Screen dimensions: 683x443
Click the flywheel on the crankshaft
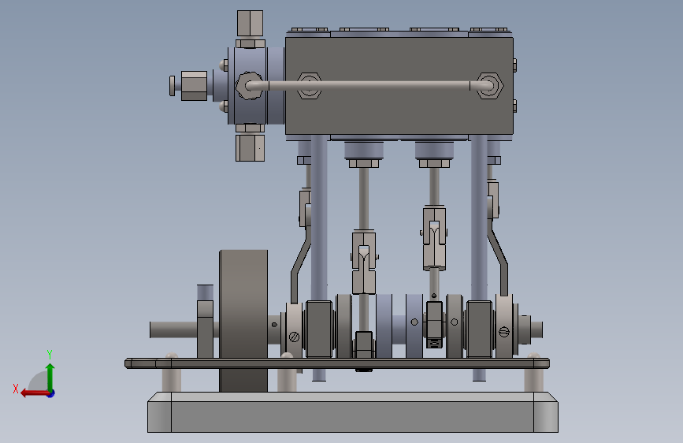[243, 321]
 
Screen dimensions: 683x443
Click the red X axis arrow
[35, 393]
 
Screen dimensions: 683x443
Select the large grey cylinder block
[399, 86]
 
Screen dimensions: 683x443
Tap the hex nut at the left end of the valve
[194, 86]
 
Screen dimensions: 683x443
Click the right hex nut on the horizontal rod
[489, 86]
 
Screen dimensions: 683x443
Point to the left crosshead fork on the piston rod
[364, 262]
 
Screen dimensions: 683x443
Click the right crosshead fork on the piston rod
[434, 238]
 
